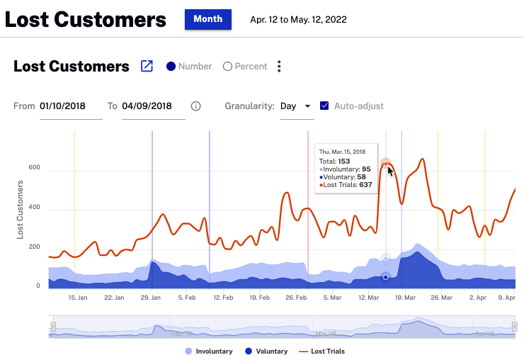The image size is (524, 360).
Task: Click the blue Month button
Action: click(x=208, y=19)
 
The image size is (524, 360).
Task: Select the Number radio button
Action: click(x=171, y=67)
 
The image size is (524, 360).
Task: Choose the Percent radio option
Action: click(x=227, y=67)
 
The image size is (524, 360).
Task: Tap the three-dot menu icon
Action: click(x=280, y=67)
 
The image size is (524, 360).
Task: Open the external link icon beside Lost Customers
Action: click(x=147, y=67)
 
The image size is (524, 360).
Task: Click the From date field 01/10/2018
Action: click(x=71, y=106)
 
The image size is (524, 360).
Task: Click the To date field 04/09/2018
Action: click(x=153, y=106)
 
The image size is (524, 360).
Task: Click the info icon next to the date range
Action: click(x=196, y=106)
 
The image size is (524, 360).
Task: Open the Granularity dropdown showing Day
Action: click(x=295, y=106)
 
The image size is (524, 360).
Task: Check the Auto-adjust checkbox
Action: click(x=324, y=106)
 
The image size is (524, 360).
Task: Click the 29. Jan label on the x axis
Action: click(x=152, y=298)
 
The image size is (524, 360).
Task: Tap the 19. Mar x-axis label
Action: click(x=405, y=298)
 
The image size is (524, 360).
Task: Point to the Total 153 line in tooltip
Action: click(x=335, y=161)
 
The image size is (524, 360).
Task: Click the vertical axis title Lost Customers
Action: click(x=20, y=210)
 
